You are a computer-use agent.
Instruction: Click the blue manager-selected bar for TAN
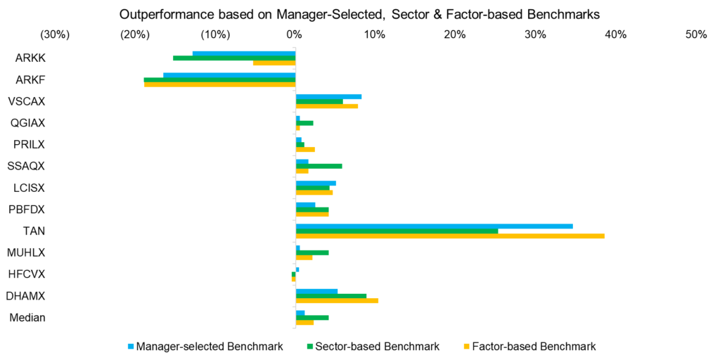pos(434,226)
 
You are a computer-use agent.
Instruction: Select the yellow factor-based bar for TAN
pos(450,236)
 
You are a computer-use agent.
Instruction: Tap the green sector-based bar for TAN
pos(397,231)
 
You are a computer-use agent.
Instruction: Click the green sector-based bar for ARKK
pos(234,58)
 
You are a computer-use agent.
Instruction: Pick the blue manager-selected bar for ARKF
pos(229,75)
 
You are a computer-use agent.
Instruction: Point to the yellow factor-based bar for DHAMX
pos(337,300)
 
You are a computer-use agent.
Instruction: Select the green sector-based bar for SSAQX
pos(319,166)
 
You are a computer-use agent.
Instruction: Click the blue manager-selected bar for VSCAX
pos(328,96)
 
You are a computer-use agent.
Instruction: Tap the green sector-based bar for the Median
pos(312,317)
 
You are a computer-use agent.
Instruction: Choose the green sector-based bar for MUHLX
pos(312,252)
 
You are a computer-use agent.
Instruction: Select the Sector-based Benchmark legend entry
pos(373,346)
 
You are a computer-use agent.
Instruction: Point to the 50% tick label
pos(696,34)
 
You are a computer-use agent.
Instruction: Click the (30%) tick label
pos(54,34)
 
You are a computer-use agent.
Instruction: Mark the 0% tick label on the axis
pos(295,34)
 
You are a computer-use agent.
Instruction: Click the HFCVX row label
pos(27,274)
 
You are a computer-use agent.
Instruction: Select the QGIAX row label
pos(27,123)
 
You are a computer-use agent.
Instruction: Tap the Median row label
pos(27,317)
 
